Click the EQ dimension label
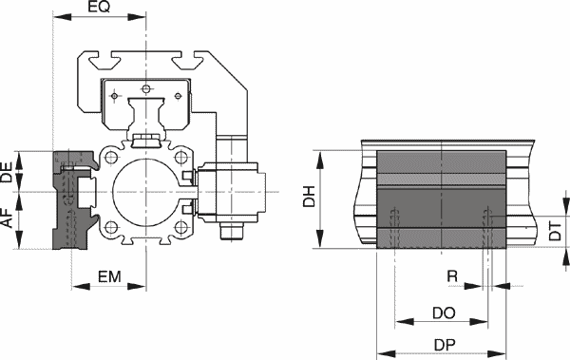(x=99, y=7)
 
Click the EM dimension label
(x=109, y=277)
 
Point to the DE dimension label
(x=7, y=172)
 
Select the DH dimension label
(x=309, y=197)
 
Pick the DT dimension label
(x=555, y=231)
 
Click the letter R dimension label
(x=452, y=276)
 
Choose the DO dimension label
(x=444, y=313)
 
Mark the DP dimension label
(x=445, y=345)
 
